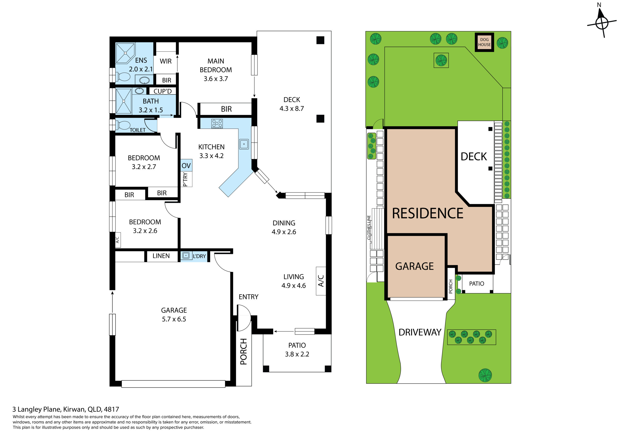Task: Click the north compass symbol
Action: pyautogui.click(x=602, y=23)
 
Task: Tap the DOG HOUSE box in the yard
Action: pyautogui.click(x=484, y=42)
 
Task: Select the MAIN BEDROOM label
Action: pyautogui.click(x=216, y=65)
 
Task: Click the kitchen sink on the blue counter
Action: pyautogui.click(x=244, y=144)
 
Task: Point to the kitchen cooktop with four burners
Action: pyautogui.click(x=217, y=124)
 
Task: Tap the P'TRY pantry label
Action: pyautogui.click(x=185, y=179)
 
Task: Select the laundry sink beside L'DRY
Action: pyautogui.click(x=186, y=255)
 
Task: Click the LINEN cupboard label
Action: pyautogui.click(x=161, y=256)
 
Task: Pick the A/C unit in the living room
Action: pyautogui.click(x=321, y=281)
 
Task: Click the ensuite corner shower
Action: pyautogui.click(x=125, y=53)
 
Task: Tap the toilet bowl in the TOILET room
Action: pyautogui.click(x=124, y=125)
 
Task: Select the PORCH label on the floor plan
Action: pyautogui.click(x=244, y=351)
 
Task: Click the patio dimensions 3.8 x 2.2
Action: pyautogui.click(x=297, y=354)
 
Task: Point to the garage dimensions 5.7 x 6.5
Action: pyautogui.click(x=174, y=319)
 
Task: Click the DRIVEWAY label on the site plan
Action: pyautogui.click(x=420, y=332)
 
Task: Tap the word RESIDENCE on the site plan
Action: pyautogui.click(x=427, y=213)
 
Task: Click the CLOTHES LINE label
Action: pyautogui.click(x=369, y=228)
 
